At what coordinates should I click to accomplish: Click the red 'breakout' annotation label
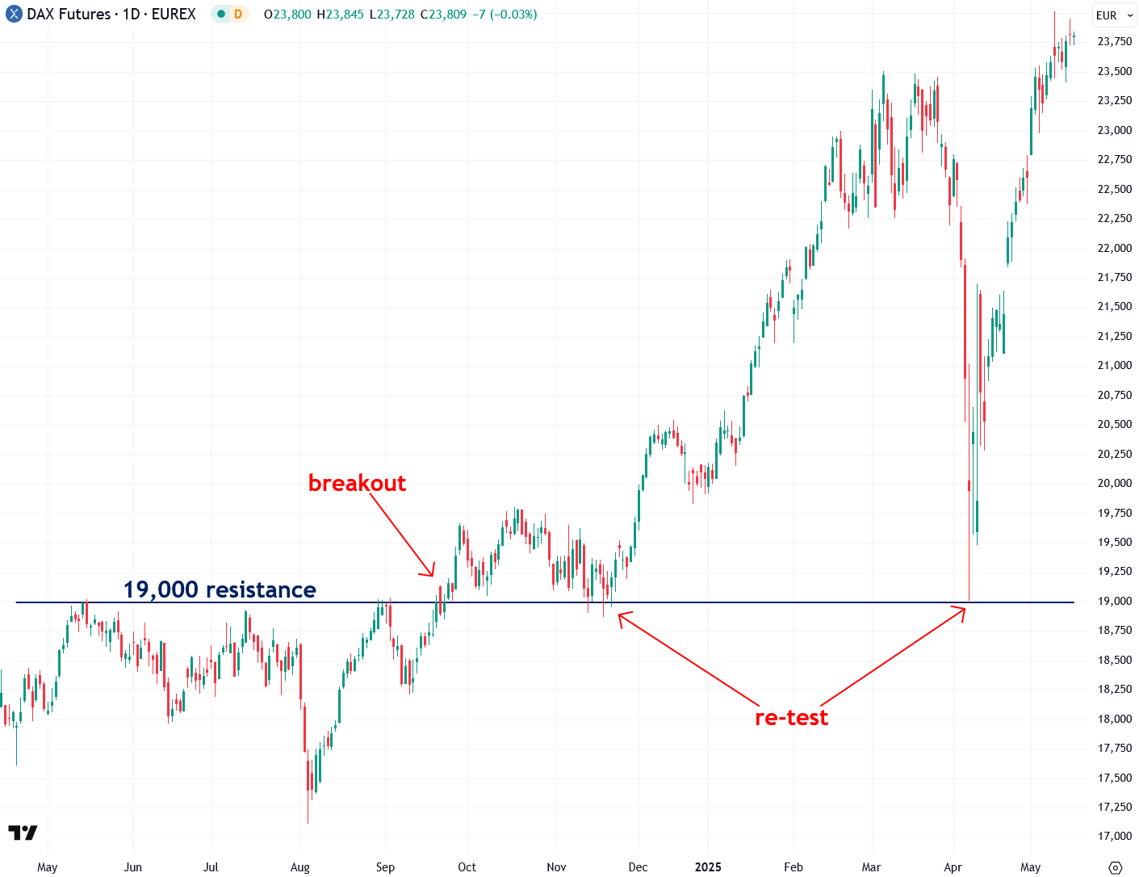tap(357, 483)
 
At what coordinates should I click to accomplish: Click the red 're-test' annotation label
tap(791, 717)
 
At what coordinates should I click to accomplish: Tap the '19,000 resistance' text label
tap(220, 590)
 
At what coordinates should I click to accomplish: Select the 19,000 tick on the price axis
tap(1114, 601)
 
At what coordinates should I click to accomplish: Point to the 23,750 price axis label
tap(1114, 41)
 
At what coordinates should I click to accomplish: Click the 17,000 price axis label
tap(1114, 836)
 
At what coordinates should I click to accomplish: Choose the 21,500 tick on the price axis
tap(1114, 306)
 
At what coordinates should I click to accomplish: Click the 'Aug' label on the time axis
tap(300, 867)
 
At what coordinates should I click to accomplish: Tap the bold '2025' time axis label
tap(708, 867)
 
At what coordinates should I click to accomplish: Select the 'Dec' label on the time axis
tap(638, 867)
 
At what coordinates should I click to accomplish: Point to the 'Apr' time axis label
tap(953, 867)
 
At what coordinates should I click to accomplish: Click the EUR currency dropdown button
tap(1114, 15)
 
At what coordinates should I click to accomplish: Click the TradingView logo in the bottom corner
tap(23, 833)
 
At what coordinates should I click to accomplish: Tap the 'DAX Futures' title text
tap(69, 15)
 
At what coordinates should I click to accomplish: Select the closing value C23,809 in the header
tap(443, 15)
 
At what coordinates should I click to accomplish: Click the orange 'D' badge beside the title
tap(238, 15)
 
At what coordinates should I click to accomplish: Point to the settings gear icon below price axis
tap(1116, 868)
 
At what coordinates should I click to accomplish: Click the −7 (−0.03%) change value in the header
tap(505, 15)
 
